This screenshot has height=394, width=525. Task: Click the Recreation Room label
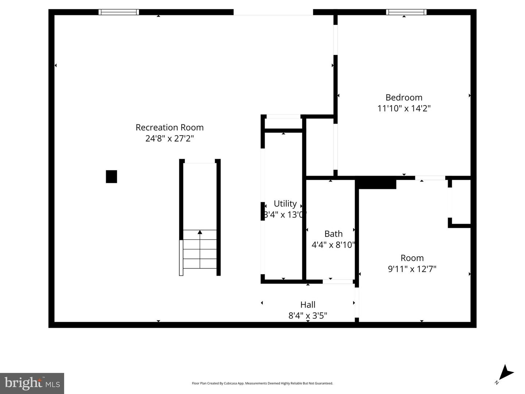[x=170, y=127]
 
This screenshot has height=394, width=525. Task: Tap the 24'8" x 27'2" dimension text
[x=170, y=139]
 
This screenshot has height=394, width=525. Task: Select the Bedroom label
[x=404, y=97]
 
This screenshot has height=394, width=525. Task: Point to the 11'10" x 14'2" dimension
[x=404, y=108]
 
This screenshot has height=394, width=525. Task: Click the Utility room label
[x=285, y=203]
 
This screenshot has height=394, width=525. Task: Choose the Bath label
[x=333, y=234]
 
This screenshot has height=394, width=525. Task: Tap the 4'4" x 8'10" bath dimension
[x=333, y=245]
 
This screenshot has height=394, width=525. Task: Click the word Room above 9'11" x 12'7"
[x=412, y=258]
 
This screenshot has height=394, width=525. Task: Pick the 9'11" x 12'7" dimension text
[x=412, y=269]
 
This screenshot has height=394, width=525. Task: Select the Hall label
[x=308, y=304]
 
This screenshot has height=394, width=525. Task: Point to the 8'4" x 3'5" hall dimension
[x=308, y=315]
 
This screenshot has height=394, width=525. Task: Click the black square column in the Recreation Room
[x=112, y=176]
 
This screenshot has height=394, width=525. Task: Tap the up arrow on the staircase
[x=200, y=232]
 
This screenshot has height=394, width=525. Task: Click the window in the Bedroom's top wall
[x=406, y=12]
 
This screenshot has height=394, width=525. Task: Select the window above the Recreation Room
[x=119, y=12]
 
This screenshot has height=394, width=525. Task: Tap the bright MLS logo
[x=32, y=383]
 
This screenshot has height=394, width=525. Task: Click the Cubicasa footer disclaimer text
[x=262, y=383]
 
